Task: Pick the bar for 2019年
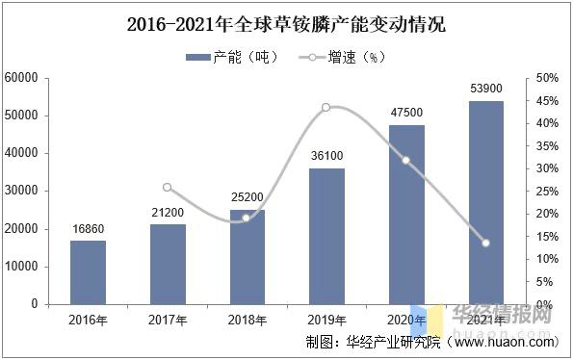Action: (326, 236)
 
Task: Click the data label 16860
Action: (88, 230)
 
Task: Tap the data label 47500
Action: (406, 114)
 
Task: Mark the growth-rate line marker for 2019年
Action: (326, 107)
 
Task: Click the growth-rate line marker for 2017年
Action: (167, 188)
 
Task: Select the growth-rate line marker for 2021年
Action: (485, 243)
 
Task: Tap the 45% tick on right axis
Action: (545, 100)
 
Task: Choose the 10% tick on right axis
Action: (545, 259)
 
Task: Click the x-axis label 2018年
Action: (247, 319)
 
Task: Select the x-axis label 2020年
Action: (406, 319)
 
